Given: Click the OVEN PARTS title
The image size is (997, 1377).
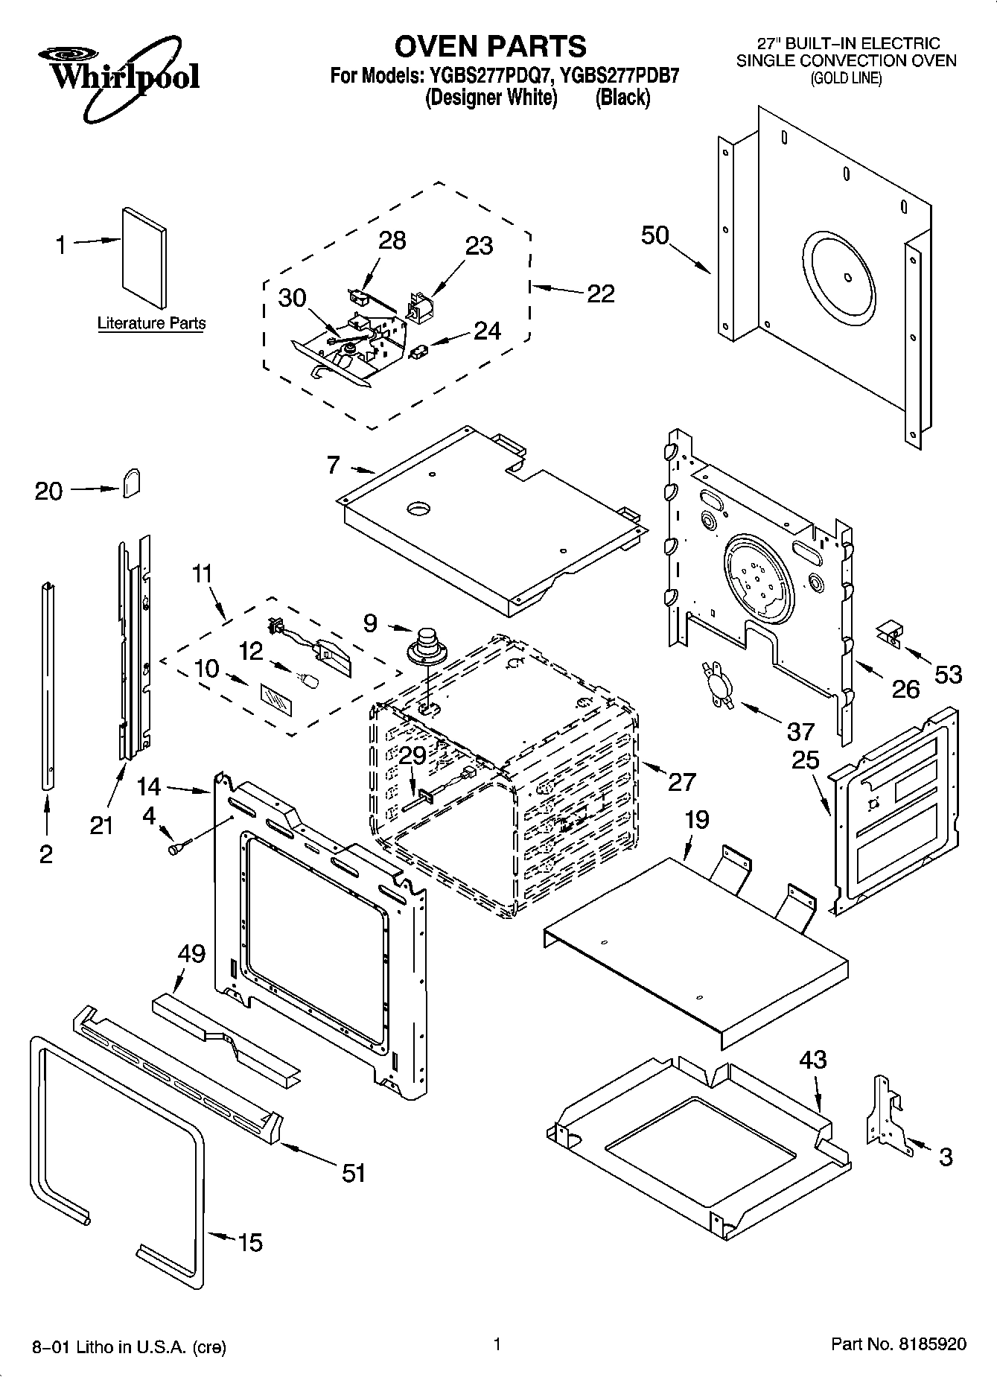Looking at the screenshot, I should pyautogui.click(x=490, y=46).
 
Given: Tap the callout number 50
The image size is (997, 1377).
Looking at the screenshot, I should pyautogui.click(x=655, y=235).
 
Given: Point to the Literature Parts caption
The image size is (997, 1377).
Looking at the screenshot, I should pyautogui.click(x=151, y=323).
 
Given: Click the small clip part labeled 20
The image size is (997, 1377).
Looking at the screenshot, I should pyautogui.click(x=131, y=482).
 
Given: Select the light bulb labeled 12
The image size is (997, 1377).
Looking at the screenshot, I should pyautogui.click(x=308, y=679).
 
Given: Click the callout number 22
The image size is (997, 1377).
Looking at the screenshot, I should pyautogui.click(x=600, y=293).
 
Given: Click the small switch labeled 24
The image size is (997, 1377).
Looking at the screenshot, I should pyautogui.click(x=420, y=349).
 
